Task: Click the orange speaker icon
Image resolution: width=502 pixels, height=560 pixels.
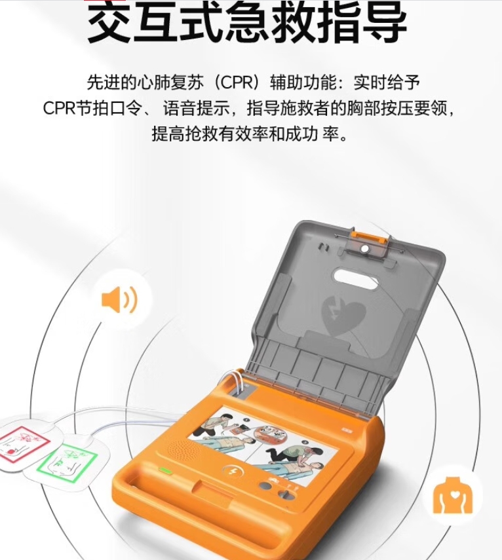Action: click(x=119, y=301)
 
